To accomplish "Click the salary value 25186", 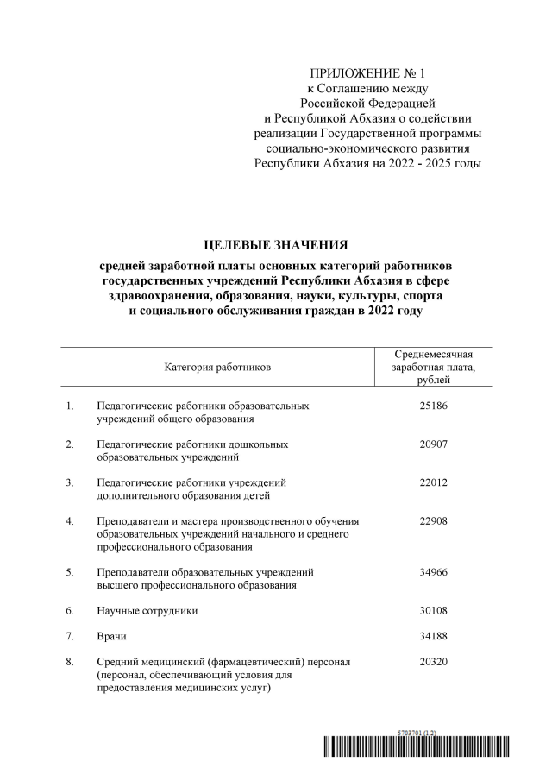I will pyautogui.click(x=434, y=405).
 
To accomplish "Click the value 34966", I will pyautogui.click(x=434, y=571).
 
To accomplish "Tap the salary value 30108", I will pyautogui.click(x=434, y=610).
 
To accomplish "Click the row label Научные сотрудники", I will pyautogui.click(x=147, y=610).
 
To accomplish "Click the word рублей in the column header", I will pyautogui.click(x=434, y=381).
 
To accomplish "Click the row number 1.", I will pyautogui.click(x=69, y=405).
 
